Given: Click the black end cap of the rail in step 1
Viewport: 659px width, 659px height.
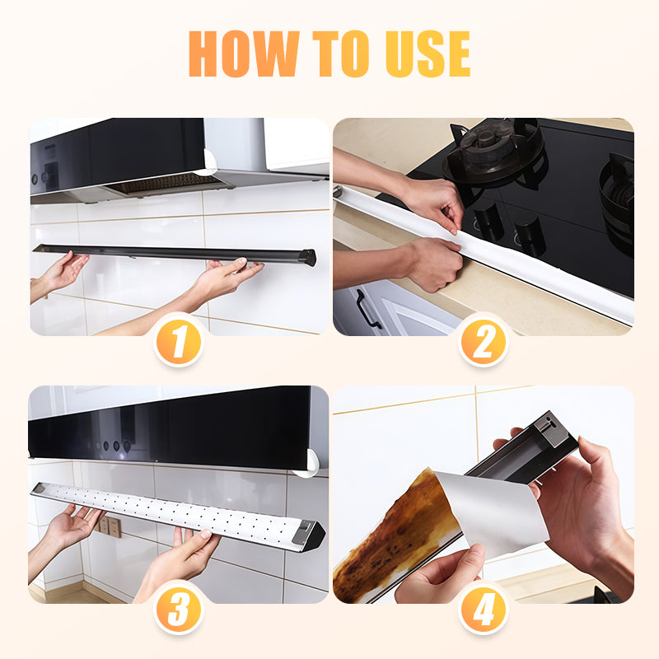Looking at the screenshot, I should click(x=307, y=257).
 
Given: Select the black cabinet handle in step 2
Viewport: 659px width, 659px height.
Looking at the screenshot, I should click(x=367, y=310).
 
